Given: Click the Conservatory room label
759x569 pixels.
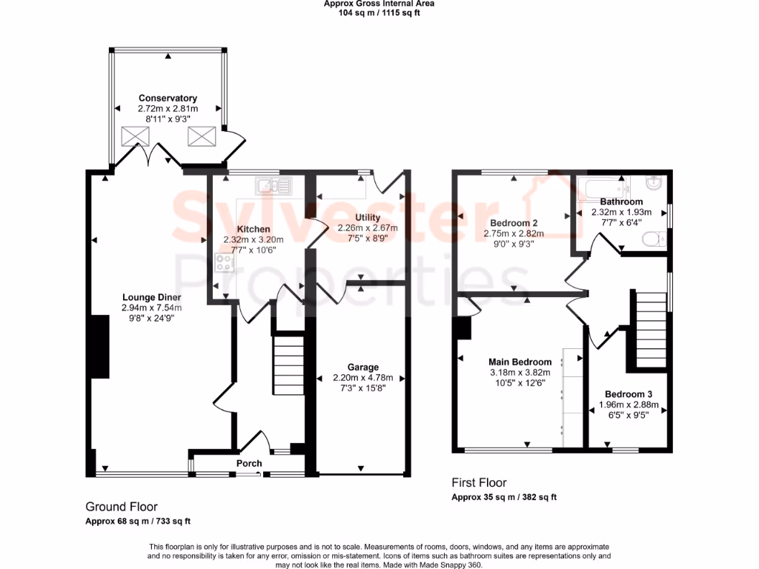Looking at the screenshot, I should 168,98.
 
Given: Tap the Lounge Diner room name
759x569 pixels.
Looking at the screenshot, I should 151,297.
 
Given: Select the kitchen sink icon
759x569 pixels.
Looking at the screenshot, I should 274,184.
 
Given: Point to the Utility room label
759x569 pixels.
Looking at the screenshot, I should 368,217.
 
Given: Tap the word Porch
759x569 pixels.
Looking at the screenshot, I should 249,464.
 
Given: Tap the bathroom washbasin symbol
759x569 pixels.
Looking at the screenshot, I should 655,183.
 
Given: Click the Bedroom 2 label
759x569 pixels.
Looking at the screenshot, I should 514,223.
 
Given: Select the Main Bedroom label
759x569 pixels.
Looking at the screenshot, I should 520,362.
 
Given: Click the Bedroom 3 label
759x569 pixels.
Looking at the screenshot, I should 629,394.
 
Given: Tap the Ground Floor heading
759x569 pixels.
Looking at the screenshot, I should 122,507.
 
